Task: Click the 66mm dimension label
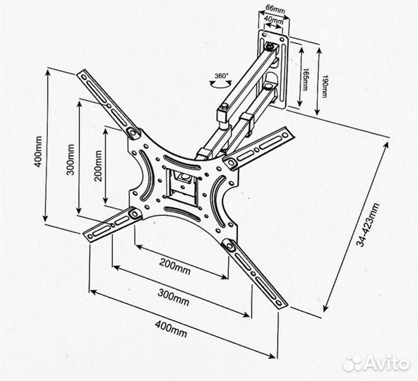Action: coord(275,10)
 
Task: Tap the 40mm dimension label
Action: coord(275,20)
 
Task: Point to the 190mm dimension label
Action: coord(324,86)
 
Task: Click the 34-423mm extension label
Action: coord(369,225)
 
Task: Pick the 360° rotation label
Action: coord(222,75)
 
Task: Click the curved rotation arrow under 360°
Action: coord(221,84)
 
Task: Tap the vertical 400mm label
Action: coord(39,152)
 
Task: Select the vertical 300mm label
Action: coord(71,159)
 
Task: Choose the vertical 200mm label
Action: coord(99,166)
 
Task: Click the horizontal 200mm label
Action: coord(175,266)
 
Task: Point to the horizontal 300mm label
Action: coord(174,297)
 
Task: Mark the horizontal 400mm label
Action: coord(171,329)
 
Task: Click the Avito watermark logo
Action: coord(376,363)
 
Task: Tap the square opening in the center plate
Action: coord(182,184)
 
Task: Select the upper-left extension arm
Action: coord(107,103)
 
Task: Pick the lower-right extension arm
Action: coord(255,274)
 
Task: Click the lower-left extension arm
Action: coord(113,224)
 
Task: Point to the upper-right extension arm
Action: coord(258,148)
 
